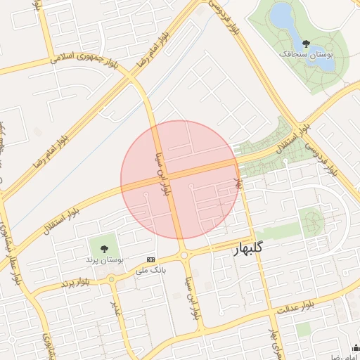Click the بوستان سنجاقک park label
point(306,53)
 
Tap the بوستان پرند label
point(105,259)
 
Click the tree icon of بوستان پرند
point(105,249)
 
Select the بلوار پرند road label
point(77,283)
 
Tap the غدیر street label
point(115,309)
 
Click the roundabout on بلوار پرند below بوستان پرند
point(111,279)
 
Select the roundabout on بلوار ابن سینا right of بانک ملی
point(184,255)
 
